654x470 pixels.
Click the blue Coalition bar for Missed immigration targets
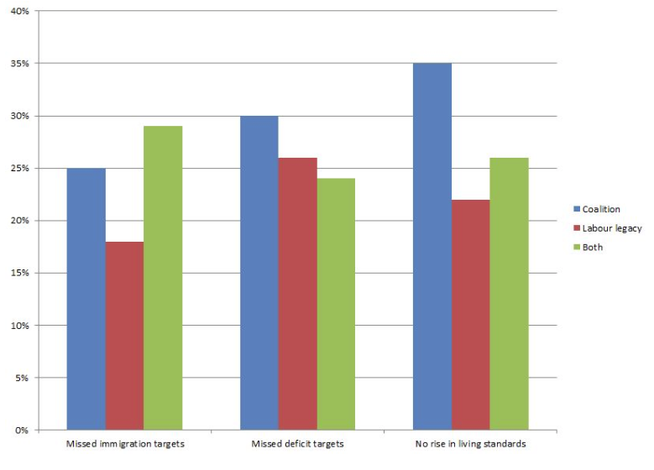tap(86, 299)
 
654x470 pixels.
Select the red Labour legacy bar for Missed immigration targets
tap(125, 336)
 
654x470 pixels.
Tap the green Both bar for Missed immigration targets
tap(163, 278)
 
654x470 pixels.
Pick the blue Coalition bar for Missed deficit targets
tap(259, 273)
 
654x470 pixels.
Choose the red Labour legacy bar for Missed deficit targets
tap(298, 294)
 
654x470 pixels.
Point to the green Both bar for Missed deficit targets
tap(336, 304)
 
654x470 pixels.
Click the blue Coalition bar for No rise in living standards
tap(432, 247)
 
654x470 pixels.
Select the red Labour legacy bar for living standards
tap(471, 315)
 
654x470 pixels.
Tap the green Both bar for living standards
tap(510, 294)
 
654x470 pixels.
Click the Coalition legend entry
tap(597, 209)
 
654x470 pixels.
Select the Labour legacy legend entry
tap(608, 228)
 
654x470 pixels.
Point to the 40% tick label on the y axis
tap(20, 11)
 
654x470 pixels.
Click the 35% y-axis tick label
tap(20, 64)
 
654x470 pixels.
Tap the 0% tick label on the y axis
tap(22, 430)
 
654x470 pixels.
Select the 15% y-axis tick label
tap(20, 273)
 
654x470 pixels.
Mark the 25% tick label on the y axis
tap(20, 169)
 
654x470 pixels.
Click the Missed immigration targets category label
tap(125, 444)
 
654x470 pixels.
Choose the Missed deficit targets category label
tap(297, 444)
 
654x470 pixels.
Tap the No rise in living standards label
tap(470, 444)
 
